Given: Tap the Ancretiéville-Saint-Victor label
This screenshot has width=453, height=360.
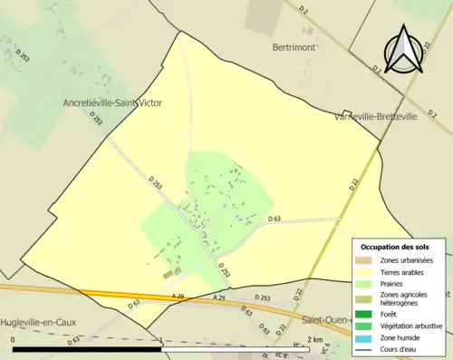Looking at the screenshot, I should [x=113, y=102].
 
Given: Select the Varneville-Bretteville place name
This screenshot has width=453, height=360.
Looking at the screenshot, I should [x=375, y=116].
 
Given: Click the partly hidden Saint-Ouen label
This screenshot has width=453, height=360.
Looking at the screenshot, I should [x=326, y=319].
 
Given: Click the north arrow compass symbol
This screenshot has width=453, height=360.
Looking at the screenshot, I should [x=403, y=50].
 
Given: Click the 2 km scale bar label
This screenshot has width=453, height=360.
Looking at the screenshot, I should [x=315, y=340].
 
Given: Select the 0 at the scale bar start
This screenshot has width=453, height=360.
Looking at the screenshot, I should [x=14, y=340].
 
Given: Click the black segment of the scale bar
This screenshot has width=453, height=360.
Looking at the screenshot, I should [x=87, y=349].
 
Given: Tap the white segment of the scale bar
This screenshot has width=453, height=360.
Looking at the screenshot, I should [x=236, y=349].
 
